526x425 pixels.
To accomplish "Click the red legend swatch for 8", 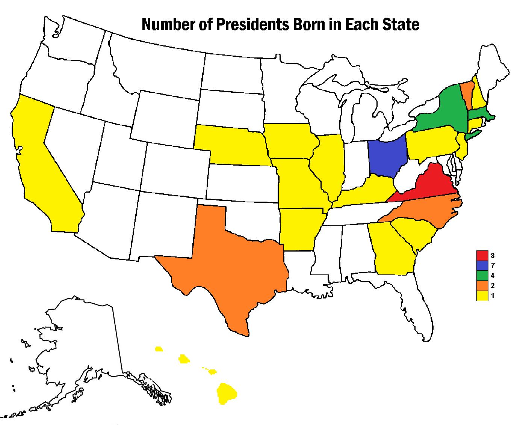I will pyautogui.click(x=482, y=256).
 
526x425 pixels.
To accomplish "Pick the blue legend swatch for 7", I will pyautogui.click(x=482, y=266).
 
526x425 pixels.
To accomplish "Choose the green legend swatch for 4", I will pyautogui.click(x=482, y=276).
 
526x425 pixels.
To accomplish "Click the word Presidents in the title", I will pyautogui.click(x=244, y=25).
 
